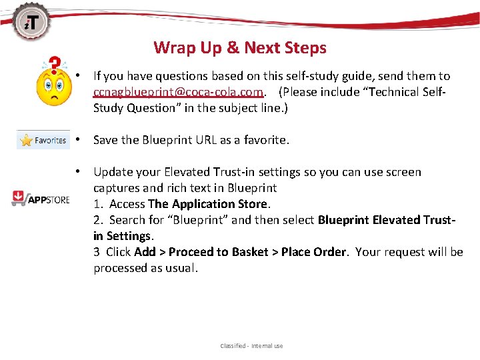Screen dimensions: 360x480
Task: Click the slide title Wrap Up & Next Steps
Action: coord(240,48)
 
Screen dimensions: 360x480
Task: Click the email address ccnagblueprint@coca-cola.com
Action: coord(179,91)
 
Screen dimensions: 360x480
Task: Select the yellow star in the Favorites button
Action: coord(27,141)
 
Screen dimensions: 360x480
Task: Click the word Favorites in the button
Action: coord(51,141)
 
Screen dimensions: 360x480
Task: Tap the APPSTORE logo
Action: coord(41,198)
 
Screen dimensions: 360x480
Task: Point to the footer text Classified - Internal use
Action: coord(251,346)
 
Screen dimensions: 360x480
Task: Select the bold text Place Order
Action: coord(313,252)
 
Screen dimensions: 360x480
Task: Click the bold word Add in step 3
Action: coord(145,252)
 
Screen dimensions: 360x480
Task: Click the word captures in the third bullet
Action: coord(116,188)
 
